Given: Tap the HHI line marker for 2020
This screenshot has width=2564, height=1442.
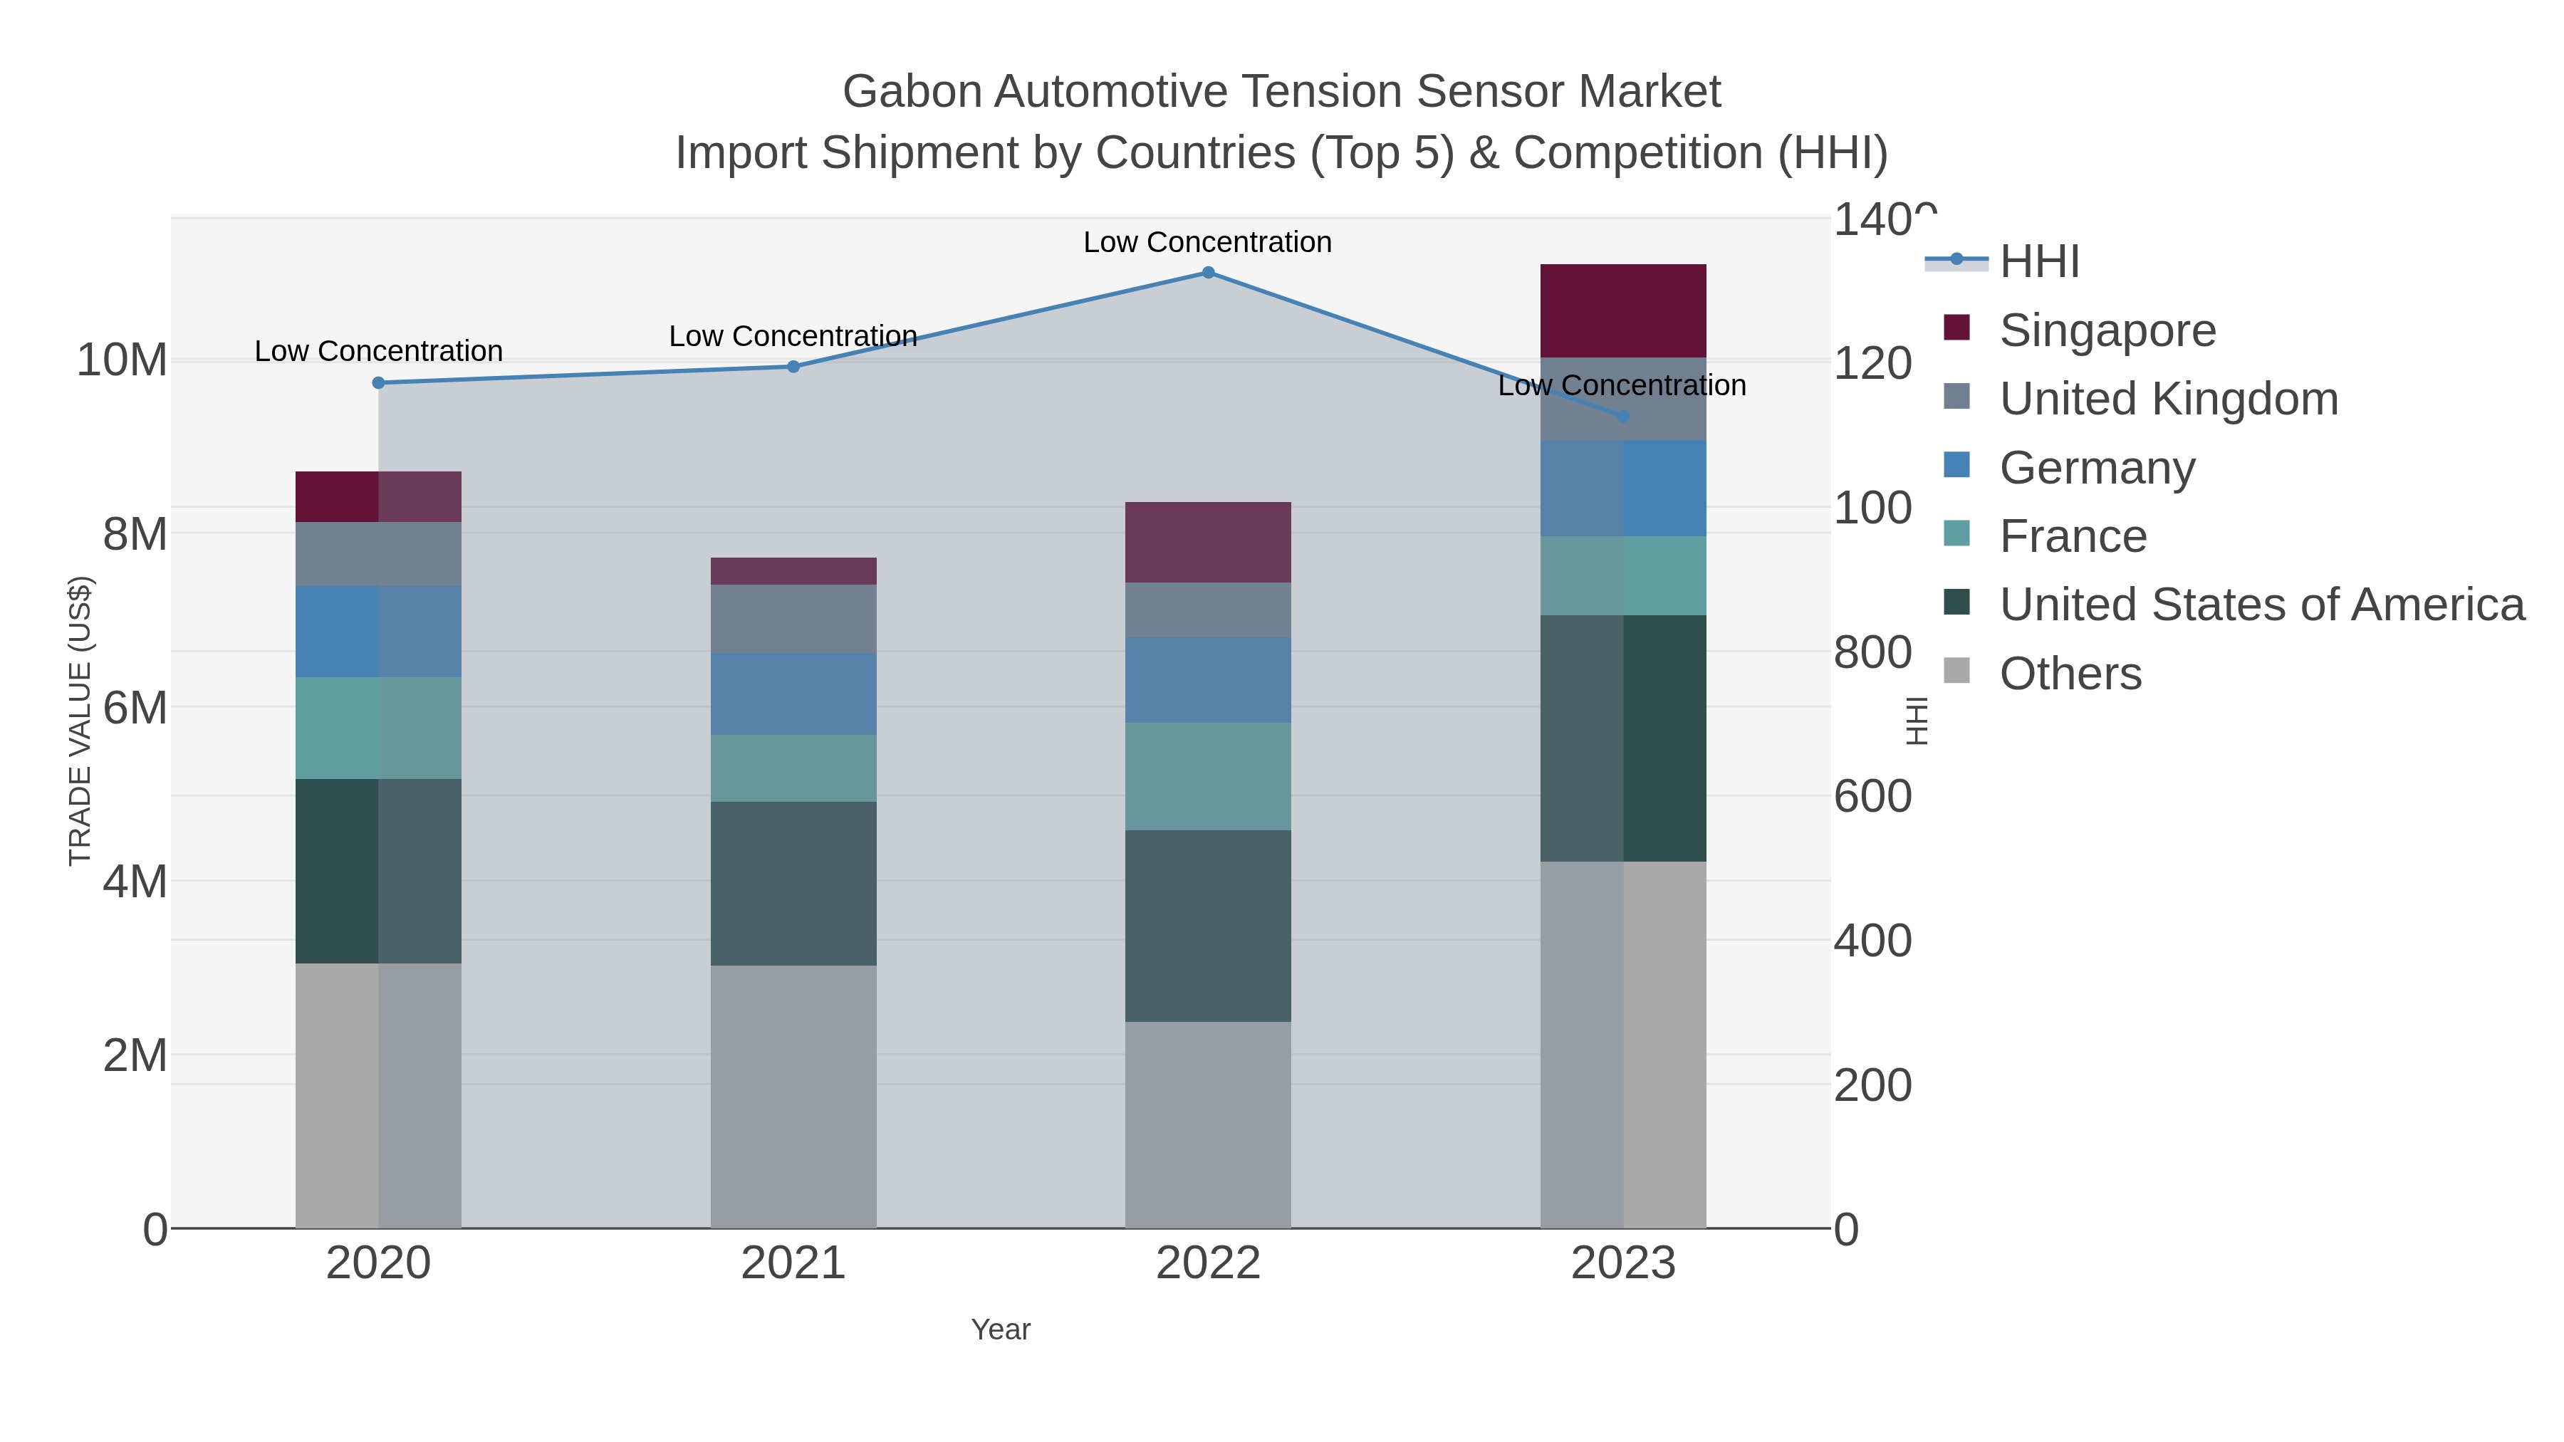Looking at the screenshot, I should (378, 383).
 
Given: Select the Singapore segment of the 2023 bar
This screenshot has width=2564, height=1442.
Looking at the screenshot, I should (1622, 310).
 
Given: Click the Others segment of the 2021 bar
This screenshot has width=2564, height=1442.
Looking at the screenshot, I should (793, 1096).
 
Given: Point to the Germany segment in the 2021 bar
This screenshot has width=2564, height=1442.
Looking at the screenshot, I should (793, 694).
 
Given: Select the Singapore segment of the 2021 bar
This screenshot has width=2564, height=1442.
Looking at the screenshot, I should (793, 571).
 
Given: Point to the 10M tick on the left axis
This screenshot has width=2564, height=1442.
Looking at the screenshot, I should (121, 360).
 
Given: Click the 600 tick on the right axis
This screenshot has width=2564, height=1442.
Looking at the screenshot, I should (1872, 797).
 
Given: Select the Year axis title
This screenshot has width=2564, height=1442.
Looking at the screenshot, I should (1001, 1329).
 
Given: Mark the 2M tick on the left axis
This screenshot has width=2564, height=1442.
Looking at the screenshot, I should (135, 1055).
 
